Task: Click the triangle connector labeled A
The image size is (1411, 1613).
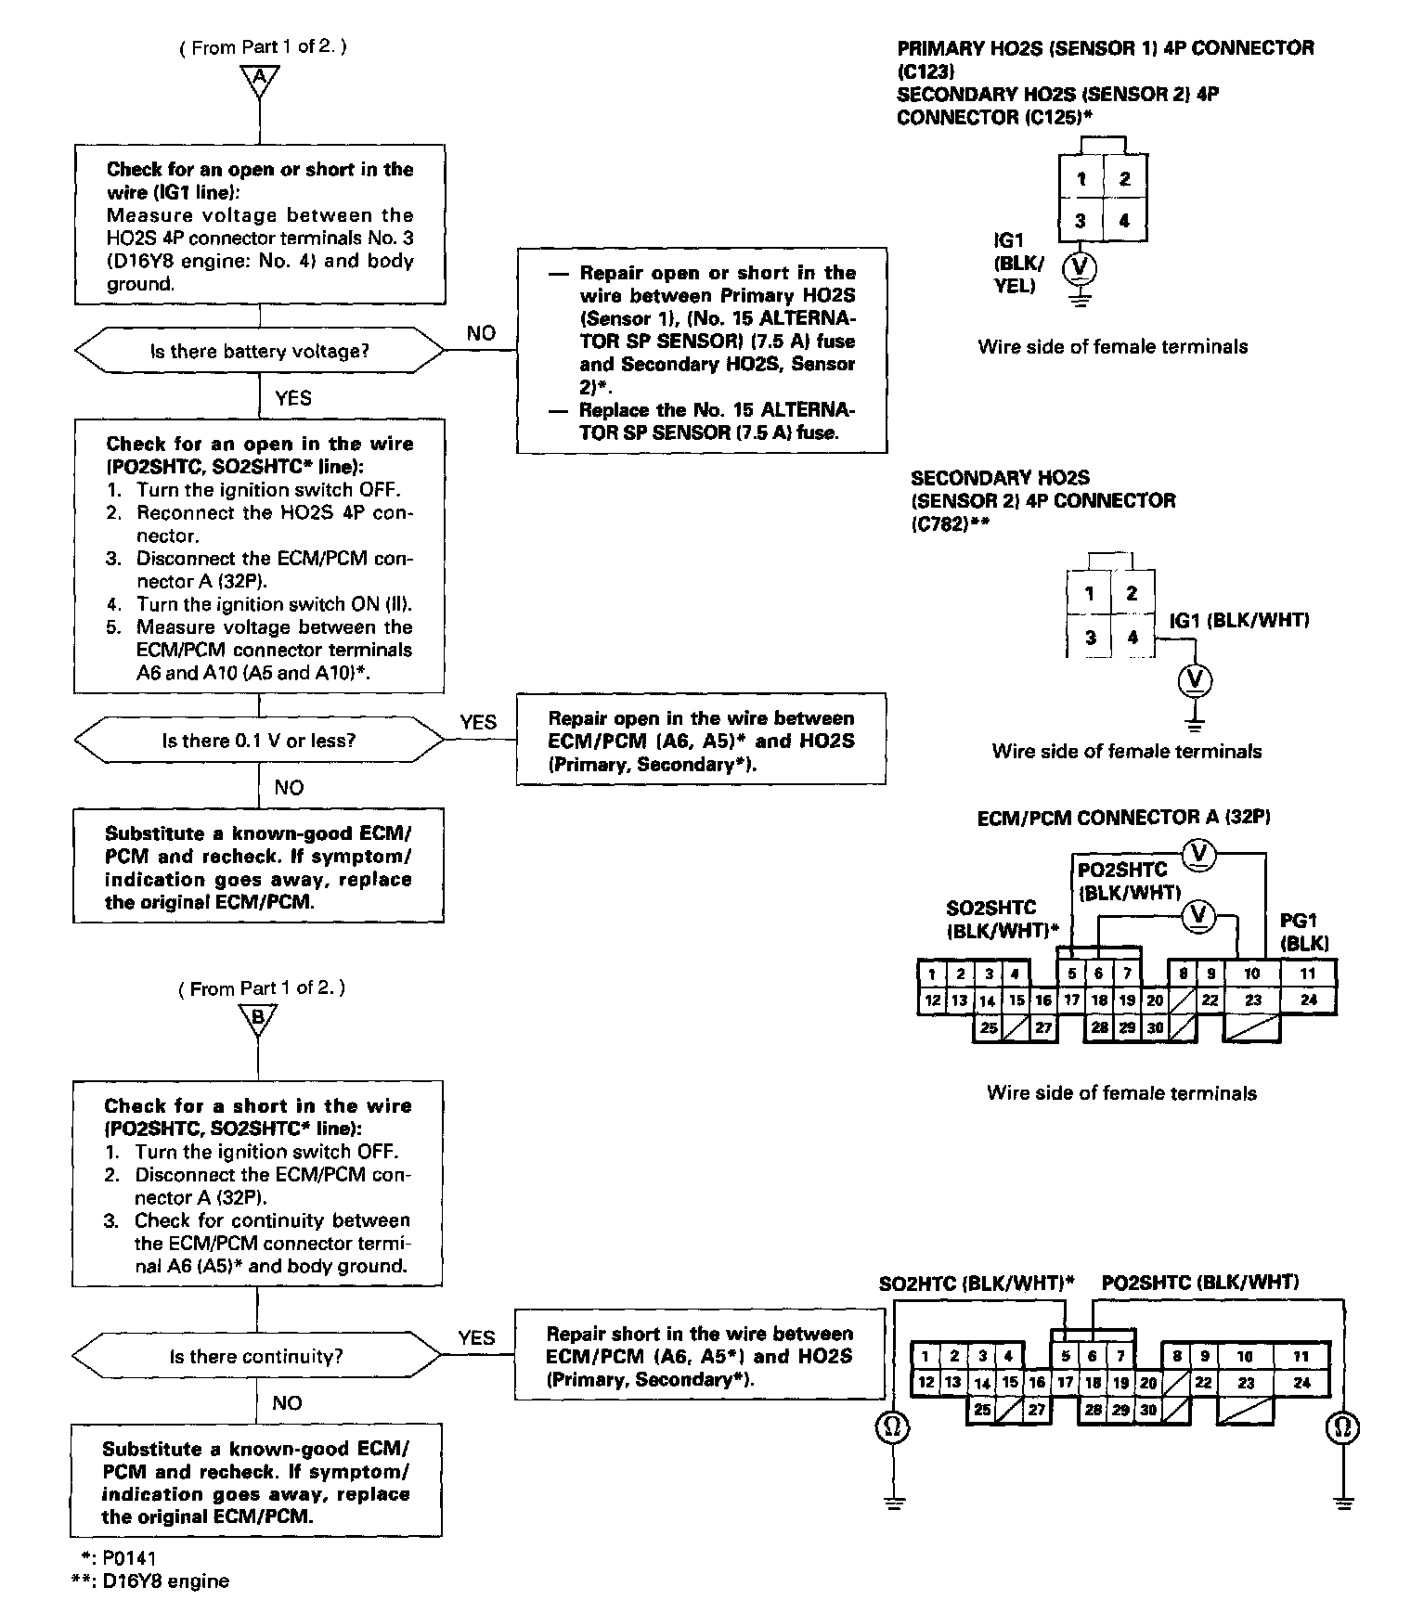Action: [x=259, y=81]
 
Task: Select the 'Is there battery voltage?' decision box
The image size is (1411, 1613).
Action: [x=259, y=351]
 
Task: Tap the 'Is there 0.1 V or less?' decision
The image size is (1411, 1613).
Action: [x=259, y=741]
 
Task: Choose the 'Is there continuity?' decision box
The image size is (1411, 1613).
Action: [x=256, y=1356]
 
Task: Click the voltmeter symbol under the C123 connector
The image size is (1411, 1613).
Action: [x=1080, y=268]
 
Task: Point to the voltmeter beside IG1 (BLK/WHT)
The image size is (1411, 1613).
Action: [x=1195, y=680]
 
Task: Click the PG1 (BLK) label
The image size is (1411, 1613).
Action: [x=1303, y=932]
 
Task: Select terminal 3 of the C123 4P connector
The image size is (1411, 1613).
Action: [x=1081, y=222]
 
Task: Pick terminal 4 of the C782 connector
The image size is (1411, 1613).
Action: [x=1133, y=638]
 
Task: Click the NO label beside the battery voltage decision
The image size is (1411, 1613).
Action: [x=481, y=333]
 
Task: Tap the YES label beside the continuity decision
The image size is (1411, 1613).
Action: [x=476, y=1337]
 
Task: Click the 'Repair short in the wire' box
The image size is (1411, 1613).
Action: [x=699, y=1356]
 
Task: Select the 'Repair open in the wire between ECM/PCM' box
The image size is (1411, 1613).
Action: [x=701, y=741]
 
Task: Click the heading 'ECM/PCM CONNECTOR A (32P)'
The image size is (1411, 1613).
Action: [x=1123, y=818]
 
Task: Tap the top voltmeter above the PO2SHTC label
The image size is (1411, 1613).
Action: [x=1199, y=852]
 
